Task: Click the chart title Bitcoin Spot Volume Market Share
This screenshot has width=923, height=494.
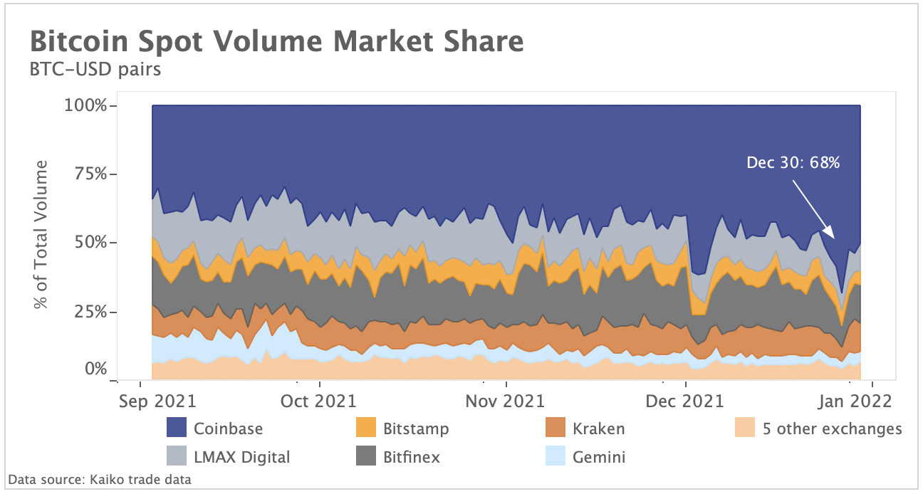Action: click(276, 42)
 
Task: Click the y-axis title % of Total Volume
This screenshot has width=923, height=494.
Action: click(42, 235)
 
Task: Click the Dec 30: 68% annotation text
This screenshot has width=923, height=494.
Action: click(793, 163)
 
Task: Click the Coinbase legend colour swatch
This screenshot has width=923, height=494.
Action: click(177, 429)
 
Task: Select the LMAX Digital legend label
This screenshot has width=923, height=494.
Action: click(241, 457)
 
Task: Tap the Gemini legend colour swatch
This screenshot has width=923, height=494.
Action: click(555, 457)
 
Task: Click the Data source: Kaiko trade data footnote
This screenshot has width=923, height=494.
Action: click(100, 480)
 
